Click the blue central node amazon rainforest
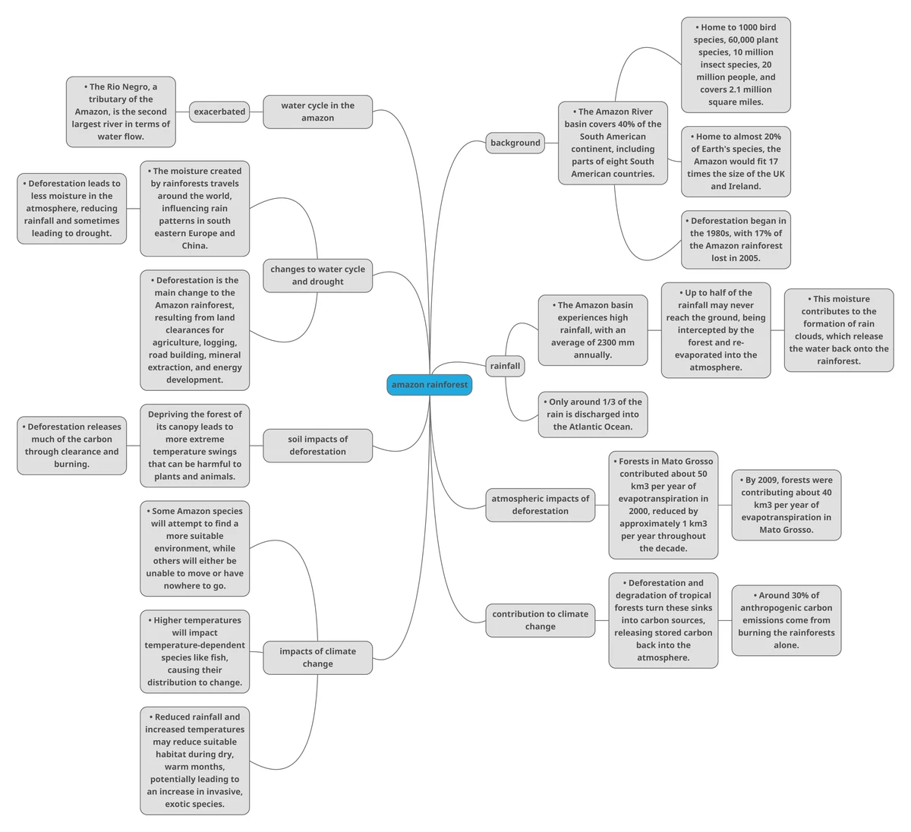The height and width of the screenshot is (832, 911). (x=429, y=385)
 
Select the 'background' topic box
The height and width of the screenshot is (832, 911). (x=515, y=143)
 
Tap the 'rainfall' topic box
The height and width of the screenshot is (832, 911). (x=505, y=366)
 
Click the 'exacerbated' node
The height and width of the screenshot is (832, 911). (x=219, y=112)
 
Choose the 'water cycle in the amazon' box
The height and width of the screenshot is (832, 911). (x=318, y=112)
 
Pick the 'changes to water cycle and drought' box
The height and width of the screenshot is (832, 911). (x=318, y=276)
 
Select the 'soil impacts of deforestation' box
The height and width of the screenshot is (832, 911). (x=318, y=446)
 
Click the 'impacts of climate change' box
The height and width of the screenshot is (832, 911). (x=318, y=657)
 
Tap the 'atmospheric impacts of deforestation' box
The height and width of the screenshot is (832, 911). (x=541, y=505)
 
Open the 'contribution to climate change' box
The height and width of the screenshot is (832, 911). (x=541, y=620)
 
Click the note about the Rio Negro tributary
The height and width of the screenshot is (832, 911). (x=121, y=112)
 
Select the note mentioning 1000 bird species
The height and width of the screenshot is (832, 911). (x=736, y=65)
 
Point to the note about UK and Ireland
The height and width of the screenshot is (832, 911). (x=736, y=162)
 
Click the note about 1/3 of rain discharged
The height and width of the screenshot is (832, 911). (x=593, y=414)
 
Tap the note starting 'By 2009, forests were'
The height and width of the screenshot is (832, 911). (x=786, y=505)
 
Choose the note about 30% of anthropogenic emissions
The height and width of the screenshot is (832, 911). (x=786, y=620)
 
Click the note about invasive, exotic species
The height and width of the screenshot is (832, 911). (x=195, y=761)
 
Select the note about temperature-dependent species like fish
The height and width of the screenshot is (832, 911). (x=195, y=651)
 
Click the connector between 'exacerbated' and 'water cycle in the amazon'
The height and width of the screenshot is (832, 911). (x=256, y=112)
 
